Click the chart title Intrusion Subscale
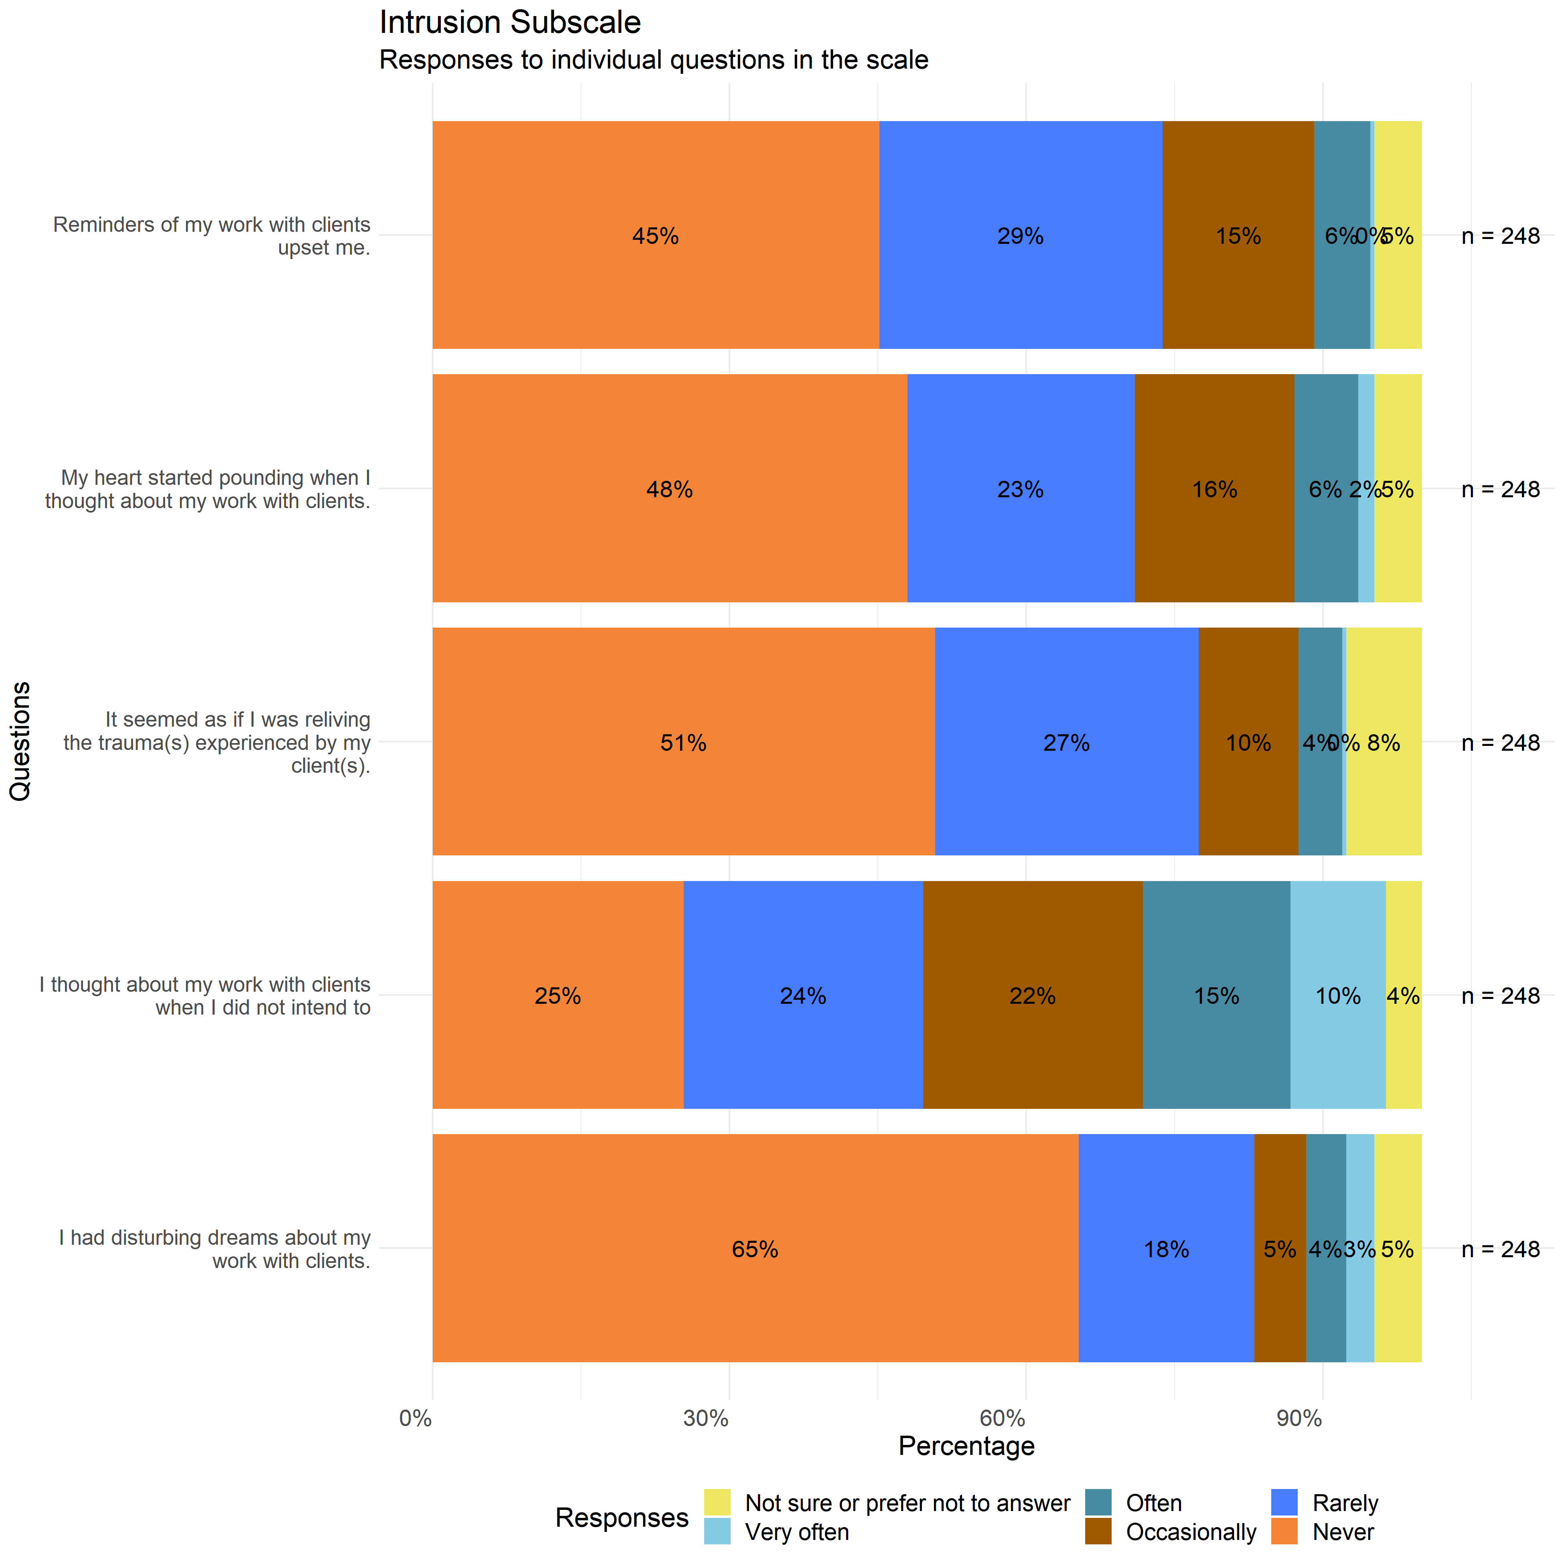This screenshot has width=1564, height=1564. [510, 23]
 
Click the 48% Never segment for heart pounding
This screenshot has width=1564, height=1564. [669, 489]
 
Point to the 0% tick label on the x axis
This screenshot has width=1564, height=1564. [416, 1418]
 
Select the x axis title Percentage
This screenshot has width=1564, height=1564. [966, 1446]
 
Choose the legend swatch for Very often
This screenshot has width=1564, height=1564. [717, 1532]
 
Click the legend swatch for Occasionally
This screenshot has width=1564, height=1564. [1098, 1532]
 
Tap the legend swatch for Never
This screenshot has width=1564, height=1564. [1285, 1532]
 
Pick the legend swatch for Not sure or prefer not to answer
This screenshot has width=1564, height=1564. [717, 1503]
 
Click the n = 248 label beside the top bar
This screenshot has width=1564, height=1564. [1500, 235]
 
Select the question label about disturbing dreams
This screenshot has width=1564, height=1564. [215, 1249]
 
